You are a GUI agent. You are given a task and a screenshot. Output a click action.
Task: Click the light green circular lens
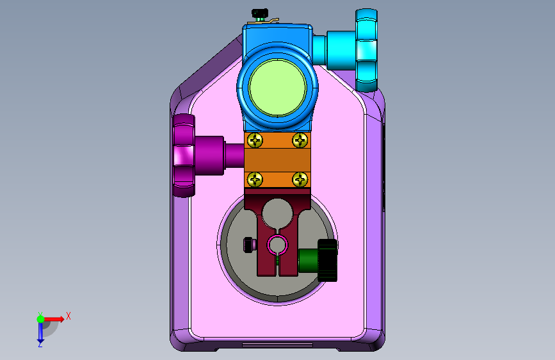(278, 88)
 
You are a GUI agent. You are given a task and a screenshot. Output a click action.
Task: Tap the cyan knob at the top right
(366, 51)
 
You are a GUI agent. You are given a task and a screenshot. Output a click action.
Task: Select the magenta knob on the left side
(184, 155)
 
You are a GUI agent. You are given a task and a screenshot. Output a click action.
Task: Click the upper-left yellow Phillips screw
(255, 140)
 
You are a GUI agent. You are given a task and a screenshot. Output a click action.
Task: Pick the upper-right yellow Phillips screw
(300, 140)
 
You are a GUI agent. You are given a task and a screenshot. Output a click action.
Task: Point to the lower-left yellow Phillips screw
(255, 179)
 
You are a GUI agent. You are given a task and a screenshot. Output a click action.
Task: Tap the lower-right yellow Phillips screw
(300, 179)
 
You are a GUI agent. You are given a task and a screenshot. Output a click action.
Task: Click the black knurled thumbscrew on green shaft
(327, 261)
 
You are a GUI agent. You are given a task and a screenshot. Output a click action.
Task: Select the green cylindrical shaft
(309, 261)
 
